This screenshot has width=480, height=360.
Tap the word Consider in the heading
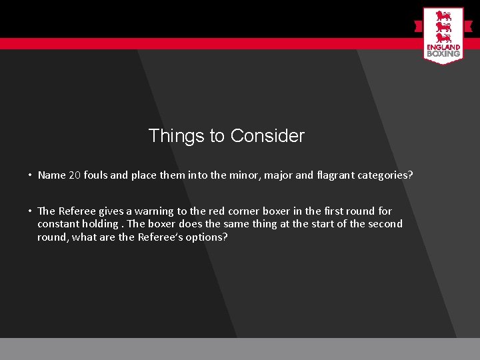[x=267, y=136]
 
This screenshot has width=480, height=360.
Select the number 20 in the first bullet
[x=74, y=175]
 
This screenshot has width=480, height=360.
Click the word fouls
[x=96, y=175]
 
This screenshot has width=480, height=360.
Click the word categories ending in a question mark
[x=385, y=175]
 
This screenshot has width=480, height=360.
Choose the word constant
[x=58, y=224]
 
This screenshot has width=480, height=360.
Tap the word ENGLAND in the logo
[x=443, y=47]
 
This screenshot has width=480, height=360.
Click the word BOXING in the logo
[x=443, y=53]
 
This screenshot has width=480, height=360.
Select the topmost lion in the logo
[x=443, y=15]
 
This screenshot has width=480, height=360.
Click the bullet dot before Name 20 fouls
[x=30, y=175]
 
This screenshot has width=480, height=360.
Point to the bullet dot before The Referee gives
[x=30, y=211]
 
